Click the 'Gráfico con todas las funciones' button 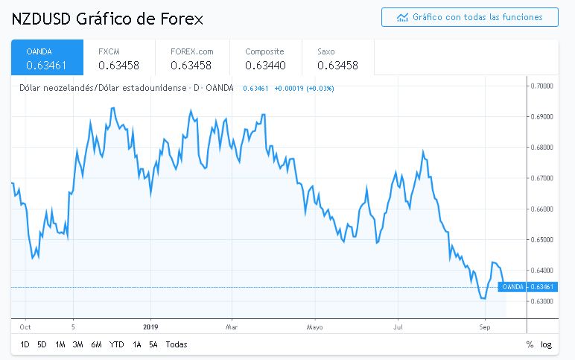tap(469, 16)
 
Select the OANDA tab tap(47, 57)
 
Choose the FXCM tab tap(119, 57)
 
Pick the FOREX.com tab tap(191, 57)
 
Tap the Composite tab tap(264, 57)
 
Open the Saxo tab tap(337, 57)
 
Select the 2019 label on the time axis tap(151, 326)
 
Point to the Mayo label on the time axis tap(314, 326)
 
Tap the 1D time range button tap(25, 344)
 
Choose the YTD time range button tap(116, 344)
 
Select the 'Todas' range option tap(177, 344)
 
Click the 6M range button tap(96, 344)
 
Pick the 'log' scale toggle tap(546, 344)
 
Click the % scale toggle tap(530, 344)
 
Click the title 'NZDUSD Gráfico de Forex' tap(107, 17)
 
